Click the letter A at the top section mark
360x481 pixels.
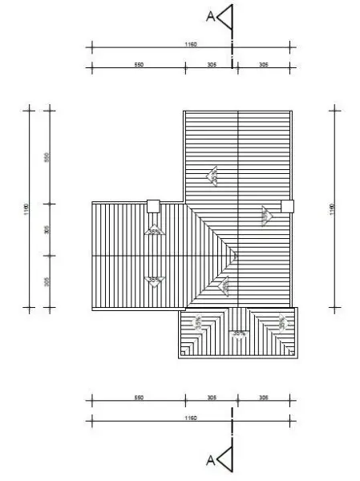(x=210, y=14)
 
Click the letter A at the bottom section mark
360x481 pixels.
(x=210, y=459)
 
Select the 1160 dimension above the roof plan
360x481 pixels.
(x=191, y=46)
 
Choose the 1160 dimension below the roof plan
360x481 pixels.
(x=191, y=418)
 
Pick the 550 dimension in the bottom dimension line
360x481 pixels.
(x=139, y=398)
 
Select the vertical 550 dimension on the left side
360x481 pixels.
(x=47, y=157)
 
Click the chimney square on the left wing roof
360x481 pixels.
(x=153, y=206)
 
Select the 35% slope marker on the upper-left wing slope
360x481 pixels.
(x=153, y=231)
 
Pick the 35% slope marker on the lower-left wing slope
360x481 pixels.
(x=154, y=280)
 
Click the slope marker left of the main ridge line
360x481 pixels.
(x=213, y=176)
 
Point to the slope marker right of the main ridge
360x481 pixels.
(x=265, y=214)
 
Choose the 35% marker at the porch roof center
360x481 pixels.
(x=238, y=333)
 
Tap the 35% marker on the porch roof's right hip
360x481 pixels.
(x=281, y=322)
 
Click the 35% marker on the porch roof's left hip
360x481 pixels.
(x=196, y=323)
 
